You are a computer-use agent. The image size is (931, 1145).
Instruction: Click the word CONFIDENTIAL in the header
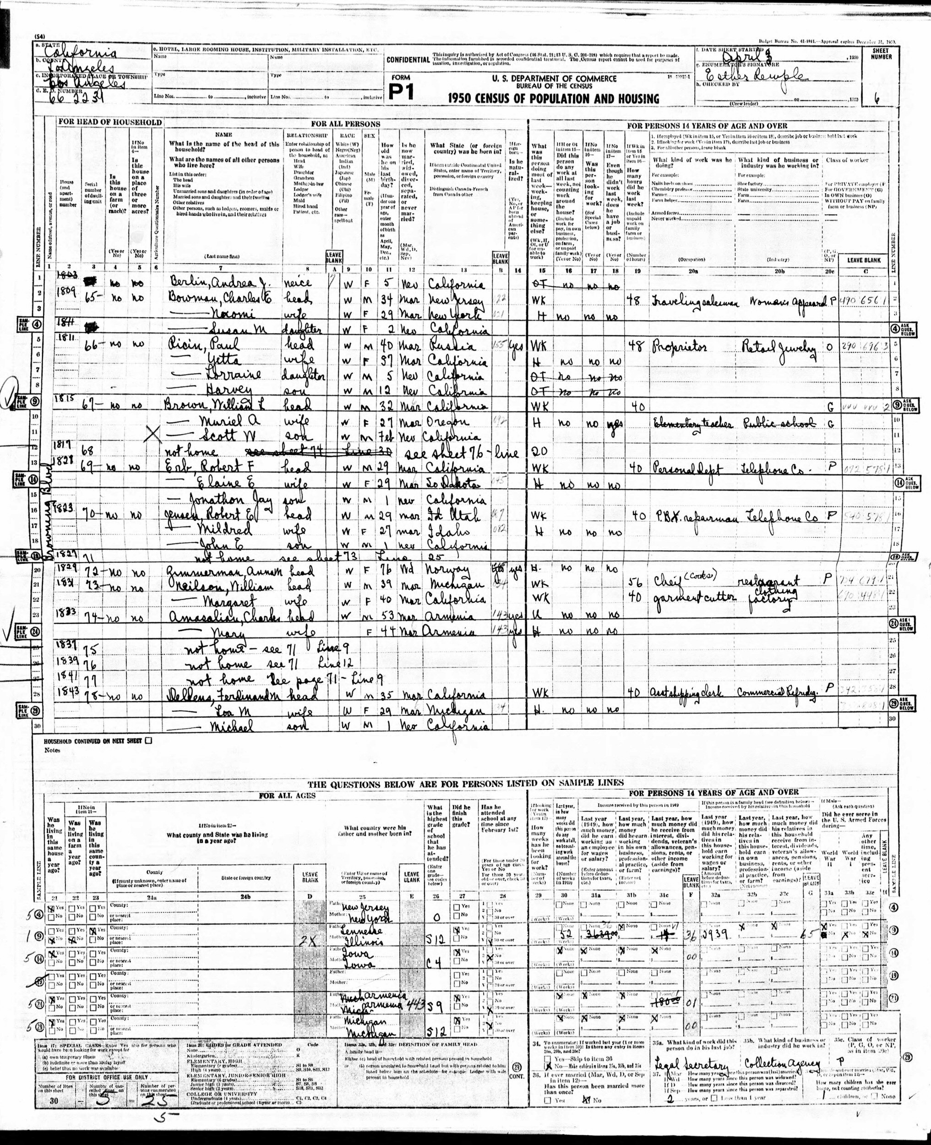click(408, 60)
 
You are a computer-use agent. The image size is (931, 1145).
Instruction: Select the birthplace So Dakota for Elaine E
click(453, 483)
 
